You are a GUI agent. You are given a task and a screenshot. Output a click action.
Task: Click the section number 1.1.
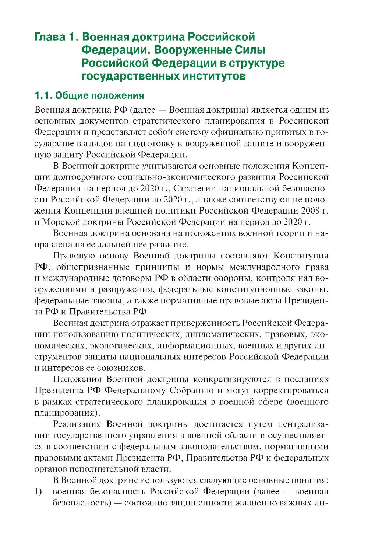[43, 95]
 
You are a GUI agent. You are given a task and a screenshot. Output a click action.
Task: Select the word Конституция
[301, 256]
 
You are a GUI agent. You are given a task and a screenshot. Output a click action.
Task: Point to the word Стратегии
[195, 188]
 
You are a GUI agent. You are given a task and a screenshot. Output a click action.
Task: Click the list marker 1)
[38, 492]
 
